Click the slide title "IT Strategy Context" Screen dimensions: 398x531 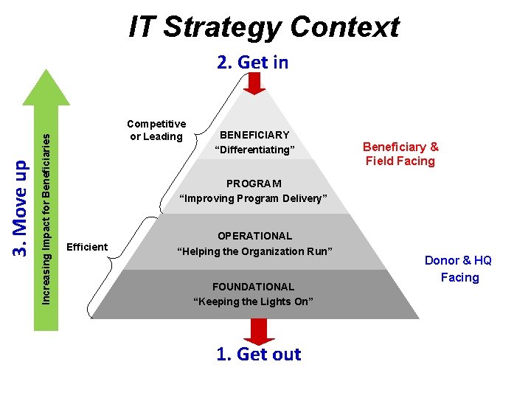264,27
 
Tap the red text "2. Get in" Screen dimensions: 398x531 252,63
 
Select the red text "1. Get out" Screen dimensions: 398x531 258,354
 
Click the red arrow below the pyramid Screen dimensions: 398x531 259,331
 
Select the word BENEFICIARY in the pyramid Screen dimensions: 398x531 254,135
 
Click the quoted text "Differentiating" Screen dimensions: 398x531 254,150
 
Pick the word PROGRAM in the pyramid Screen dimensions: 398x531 254,183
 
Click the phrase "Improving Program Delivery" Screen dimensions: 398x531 254,198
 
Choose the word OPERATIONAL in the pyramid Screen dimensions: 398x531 254,236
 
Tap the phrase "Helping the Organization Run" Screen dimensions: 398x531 254,251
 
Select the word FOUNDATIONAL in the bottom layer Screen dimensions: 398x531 253,286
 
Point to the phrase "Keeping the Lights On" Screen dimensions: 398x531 253,301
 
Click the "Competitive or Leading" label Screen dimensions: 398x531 156,130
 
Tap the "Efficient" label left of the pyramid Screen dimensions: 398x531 87,247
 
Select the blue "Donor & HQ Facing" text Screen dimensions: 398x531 458,268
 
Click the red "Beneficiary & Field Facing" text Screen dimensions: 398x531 400,153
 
